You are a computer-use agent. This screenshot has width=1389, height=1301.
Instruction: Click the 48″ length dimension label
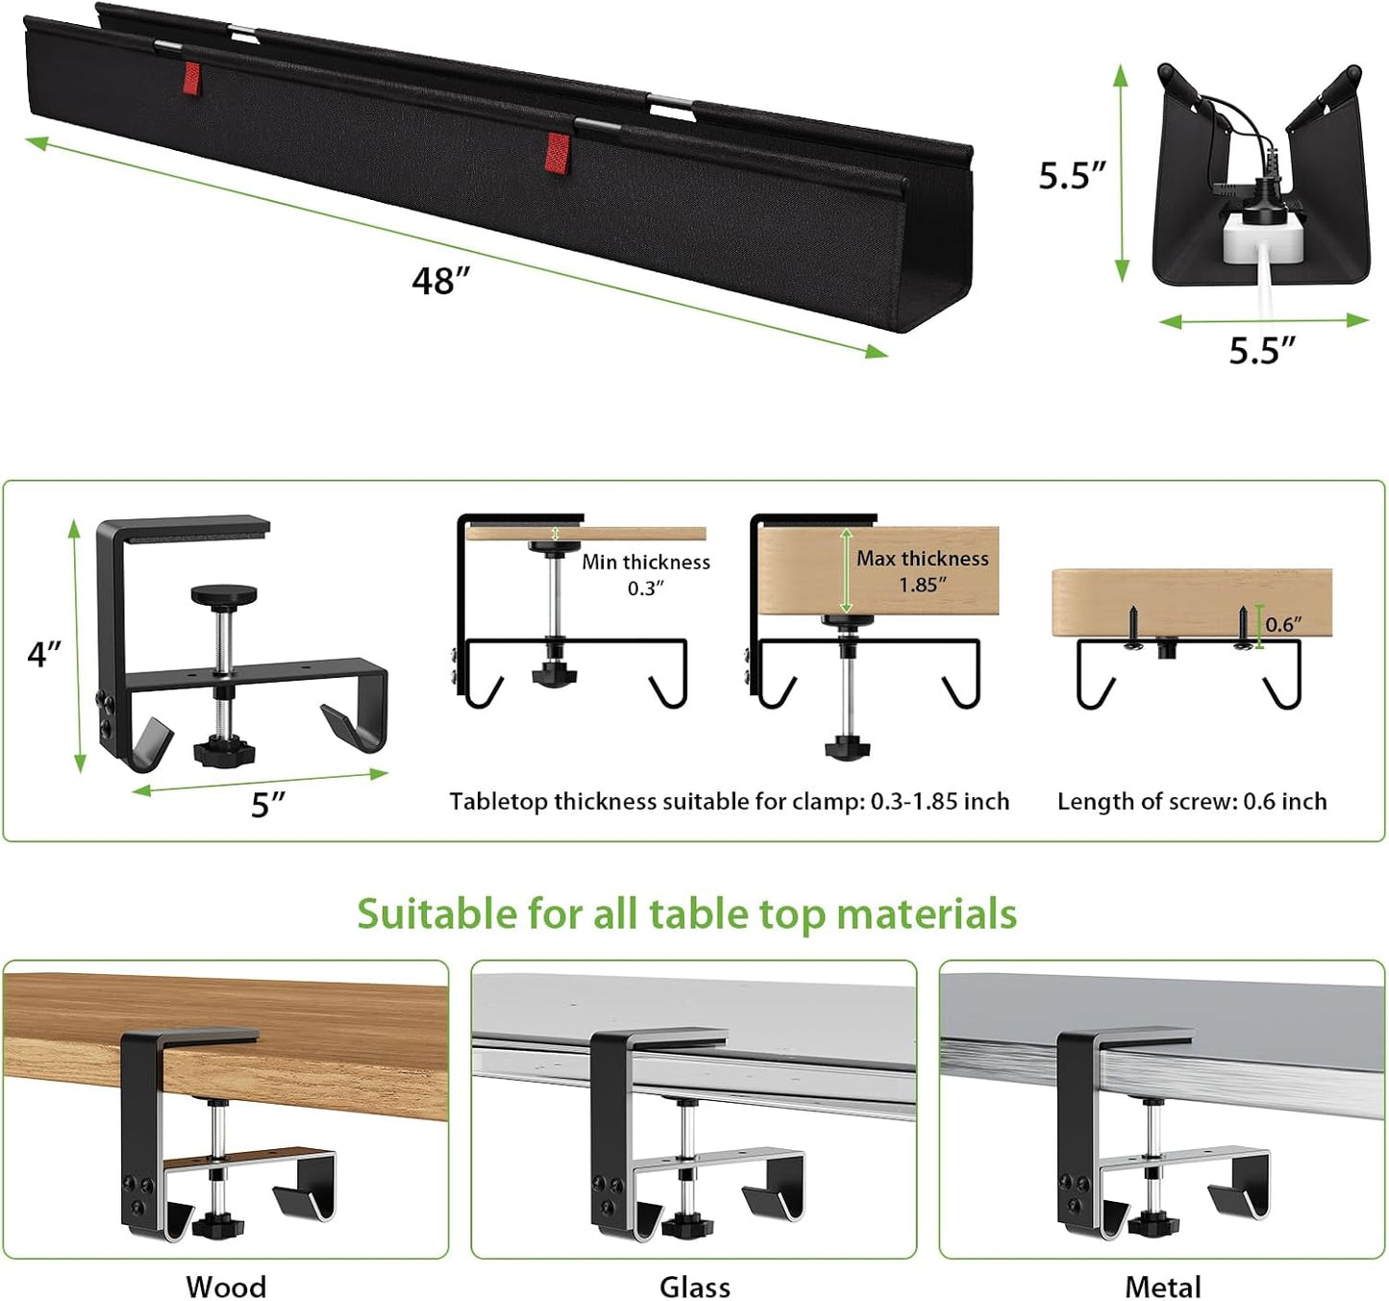[x=441, y=281]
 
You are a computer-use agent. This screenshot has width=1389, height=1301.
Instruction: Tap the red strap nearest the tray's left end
[x=191, y=76]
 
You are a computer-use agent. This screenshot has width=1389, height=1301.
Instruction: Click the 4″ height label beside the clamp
[x=44, y=655]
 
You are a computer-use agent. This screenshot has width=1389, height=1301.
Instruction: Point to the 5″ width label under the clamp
[x=268, y=804]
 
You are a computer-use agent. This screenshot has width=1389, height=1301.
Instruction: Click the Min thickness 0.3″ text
[x=645, y=574]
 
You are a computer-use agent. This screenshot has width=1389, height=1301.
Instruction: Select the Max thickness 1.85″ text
[x=922, y=570]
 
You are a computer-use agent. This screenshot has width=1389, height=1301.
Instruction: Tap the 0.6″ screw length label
[x=1283, y=624]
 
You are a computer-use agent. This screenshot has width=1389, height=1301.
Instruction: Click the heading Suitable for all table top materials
[x=686, y=913]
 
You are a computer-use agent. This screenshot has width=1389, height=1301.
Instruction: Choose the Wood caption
[x=226, y=1286]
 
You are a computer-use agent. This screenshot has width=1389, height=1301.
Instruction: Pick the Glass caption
[x=694, y=1286]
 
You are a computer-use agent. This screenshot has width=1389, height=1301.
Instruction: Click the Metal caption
[x=1162, y=1286]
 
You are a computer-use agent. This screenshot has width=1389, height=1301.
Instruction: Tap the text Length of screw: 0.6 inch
[x=1192, y=801]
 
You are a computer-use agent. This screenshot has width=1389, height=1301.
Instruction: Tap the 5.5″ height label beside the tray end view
[x=1072, y=175]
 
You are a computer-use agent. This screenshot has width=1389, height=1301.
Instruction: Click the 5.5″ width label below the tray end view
[x=1262, y=351]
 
